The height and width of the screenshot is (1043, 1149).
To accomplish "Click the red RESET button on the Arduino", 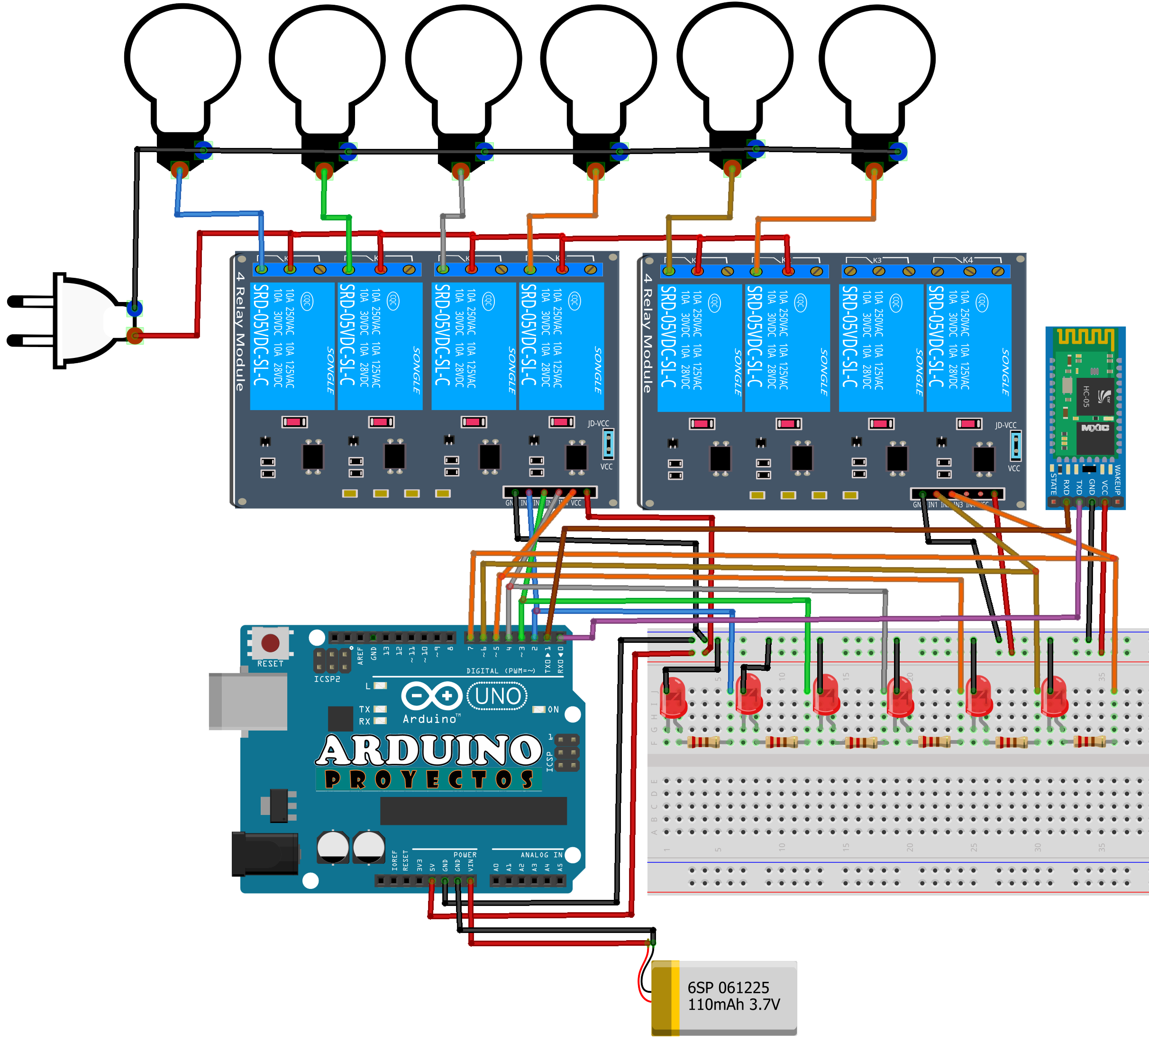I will [270, 643].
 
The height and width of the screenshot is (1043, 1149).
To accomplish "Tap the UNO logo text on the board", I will [498, 696].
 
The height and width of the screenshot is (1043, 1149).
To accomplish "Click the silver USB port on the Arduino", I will [248, 701].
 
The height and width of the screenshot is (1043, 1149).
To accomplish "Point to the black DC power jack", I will [265, 853].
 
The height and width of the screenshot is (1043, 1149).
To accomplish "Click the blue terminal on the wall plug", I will [135, 309].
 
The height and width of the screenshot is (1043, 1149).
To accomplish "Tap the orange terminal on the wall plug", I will [135, 335].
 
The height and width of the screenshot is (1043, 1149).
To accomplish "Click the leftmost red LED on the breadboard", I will [674, 697].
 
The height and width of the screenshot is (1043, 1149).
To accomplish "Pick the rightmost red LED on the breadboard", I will [1054, 697].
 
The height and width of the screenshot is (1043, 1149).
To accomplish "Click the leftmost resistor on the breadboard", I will [703, 741].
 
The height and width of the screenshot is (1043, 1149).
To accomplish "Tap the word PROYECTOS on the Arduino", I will [429, 779].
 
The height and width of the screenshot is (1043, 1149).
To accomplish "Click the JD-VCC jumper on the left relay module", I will [608, 443].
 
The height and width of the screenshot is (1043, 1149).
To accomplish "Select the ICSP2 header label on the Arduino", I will [327, 679].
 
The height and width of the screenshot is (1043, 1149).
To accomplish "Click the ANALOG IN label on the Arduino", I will [541, 854].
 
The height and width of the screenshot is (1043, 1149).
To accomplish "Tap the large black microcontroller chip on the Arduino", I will [473, 811].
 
